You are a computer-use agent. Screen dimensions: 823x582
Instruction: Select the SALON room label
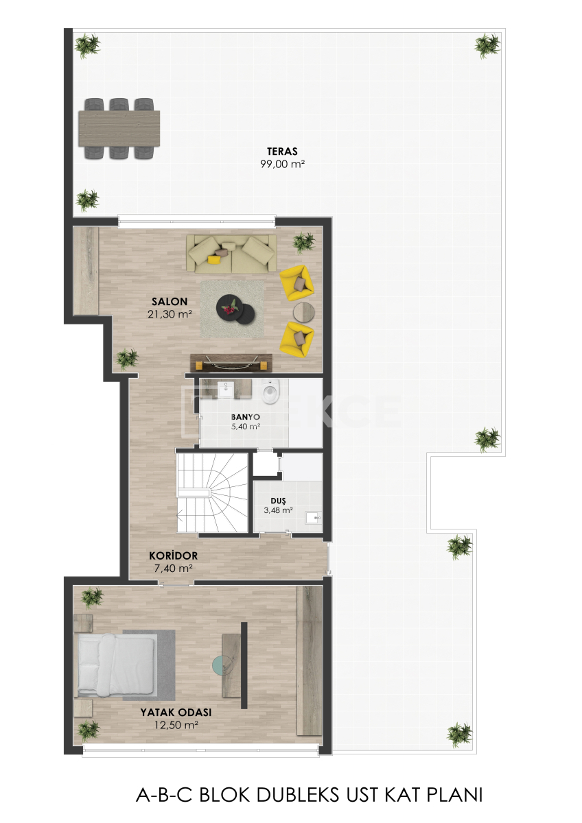(169, 302)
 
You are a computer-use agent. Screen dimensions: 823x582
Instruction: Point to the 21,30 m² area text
(169, 314)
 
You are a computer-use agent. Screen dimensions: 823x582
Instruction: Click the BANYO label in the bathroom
(245, 416)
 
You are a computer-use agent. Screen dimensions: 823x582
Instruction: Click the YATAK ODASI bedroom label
(175, 712)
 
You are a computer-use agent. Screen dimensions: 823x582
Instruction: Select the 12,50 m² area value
(175, 724)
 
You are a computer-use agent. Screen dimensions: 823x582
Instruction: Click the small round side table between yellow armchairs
(303, 311)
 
